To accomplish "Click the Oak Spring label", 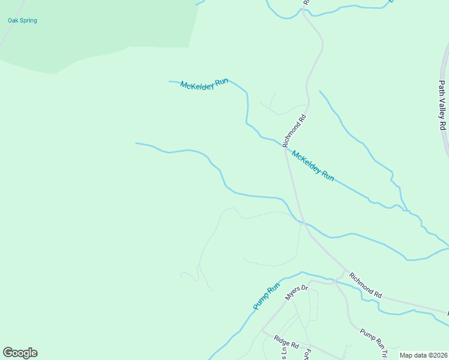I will [22, 20].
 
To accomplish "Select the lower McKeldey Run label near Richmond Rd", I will [312, 166].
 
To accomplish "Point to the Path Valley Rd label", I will [442, 107].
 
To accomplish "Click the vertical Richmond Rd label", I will [294, 131].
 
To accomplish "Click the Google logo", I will [20, 353].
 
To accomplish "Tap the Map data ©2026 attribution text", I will [423, 355].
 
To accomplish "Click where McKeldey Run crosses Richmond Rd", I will [284, 146].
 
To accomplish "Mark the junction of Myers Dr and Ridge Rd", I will [262, 331].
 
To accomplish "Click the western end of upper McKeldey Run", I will [170, 81].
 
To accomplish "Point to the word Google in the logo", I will [20, 353].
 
